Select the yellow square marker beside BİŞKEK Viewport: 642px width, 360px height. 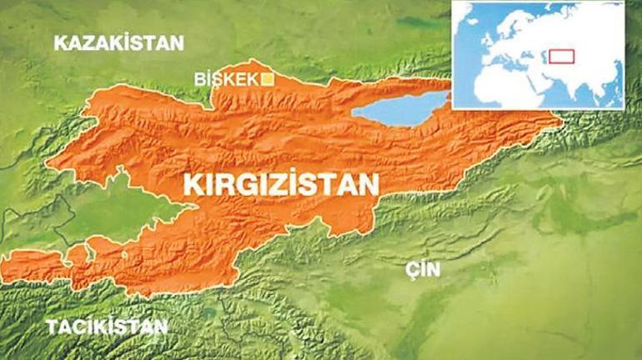click(268, 79)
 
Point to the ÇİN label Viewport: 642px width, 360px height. click(423, 269)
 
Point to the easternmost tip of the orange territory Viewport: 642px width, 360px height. click(563, 125)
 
